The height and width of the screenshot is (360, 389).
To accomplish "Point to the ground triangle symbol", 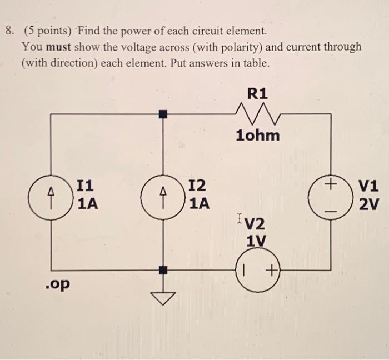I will (162, 298).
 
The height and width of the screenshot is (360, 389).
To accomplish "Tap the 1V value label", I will (256, 241).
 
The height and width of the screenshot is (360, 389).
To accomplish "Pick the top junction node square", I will (162, 114).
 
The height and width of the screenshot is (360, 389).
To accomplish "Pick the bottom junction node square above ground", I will (162, 270).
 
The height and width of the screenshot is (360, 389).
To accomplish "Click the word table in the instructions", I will (255, 63).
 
